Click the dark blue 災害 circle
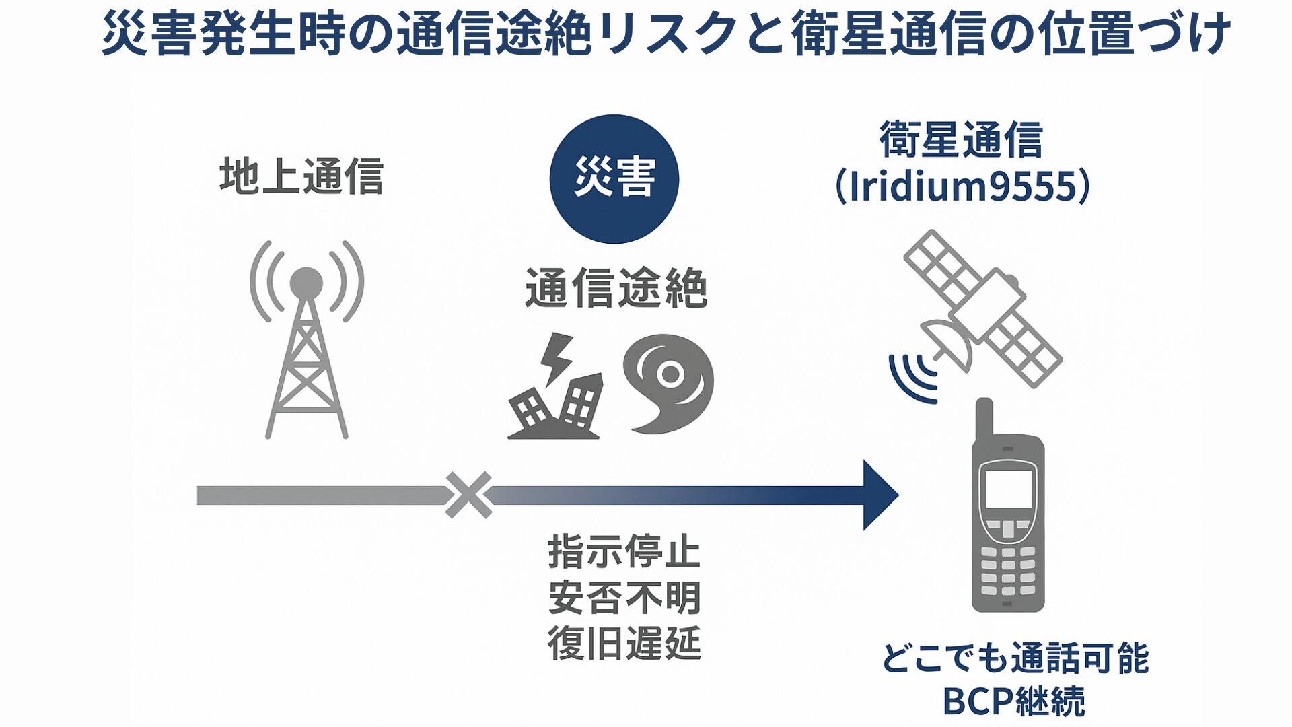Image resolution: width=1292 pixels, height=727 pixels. tap(614, 179)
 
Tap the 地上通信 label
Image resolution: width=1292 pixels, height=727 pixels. tap(301, 176)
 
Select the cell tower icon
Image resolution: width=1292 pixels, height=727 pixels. tap(307, 343)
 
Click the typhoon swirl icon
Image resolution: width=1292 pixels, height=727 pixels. tap(669, 382)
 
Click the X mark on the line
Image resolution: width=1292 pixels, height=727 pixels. tap(469, 495)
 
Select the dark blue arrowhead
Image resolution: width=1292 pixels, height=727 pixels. tap(879, 495)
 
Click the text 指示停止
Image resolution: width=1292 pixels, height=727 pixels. tap(624, 552)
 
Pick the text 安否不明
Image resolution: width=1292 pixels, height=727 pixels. tap(624, 597)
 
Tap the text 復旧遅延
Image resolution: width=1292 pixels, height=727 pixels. tap(624, 643)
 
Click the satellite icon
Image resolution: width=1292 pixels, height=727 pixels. tap(982, 310)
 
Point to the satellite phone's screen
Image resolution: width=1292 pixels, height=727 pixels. tap(1008, 489)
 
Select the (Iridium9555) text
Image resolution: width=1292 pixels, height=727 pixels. tap(962, 186)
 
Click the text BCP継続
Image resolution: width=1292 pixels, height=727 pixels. tap(1013, 701)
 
